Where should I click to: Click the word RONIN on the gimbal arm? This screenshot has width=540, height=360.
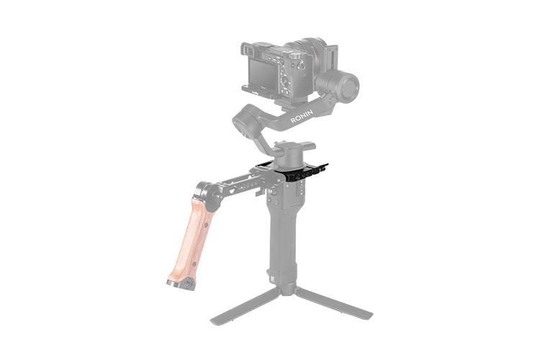point(305,117)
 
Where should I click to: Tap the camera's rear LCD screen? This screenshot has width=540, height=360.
point(263,75)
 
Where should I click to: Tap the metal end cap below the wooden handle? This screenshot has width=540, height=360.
point(180,282)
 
